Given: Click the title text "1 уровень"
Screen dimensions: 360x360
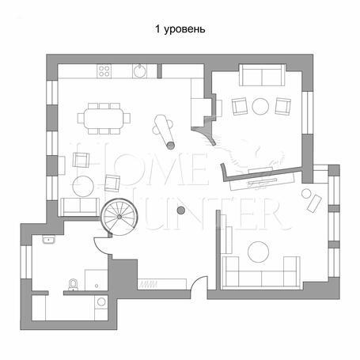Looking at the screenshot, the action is click(x=180, y=29).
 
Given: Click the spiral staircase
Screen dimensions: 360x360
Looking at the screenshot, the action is click(x=119, y=217).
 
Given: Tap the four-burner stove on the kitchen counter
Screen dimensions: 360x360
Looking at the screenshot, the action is click(x=104, y=71).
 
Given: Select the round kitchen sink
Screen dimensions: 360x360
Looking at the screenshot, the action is click(x=139, y=70).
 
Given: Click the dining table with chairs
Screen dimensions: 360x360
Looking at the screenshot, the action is click(x=104, y=119).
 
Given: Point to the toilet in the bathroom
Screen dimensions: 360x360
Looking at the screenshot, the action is click(x=73, y=285).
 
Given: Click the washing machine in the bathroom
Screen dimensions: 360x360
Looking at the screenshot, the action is click(x=101, y=302).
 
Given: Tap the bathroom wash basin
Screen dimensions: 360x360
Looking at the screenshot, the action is click(x=49, y=240).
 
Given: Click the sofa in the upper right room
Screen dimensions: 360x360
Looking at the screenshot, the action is click(x=262, y=74).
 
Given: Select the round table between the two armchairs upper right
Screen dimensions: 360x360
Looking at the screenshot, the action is click(x=260, y=106).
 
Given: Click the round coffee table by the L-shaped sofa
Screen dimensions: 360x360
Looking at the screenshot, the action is click(x=258, y=252).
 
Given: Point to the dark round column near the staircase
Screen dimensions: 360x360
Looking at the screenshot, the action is click(x=181, y=210).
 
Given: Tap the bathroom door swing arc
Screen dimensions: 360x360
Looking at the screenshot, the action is click(x=98, y=248).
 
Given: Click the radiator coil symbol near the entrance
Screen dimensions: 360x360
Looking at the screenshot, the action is click(x=149, y=285).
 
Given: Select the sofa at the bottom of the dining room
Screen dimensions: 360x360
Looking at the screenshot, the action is click(x=80, y=207).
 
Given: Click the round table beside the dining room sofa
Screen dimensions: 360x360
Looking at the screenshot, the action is click(x=83, y=186).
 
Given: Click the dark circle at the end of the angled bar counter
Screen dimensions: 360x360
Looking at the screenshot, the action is click(x=170, y=146).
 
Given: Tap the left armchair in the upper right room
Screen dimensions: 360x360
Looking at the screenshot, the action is click(x=240, y=106).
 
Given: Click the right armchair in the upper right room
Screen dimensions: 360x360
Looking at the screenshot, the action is click(x=282, y=106).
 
